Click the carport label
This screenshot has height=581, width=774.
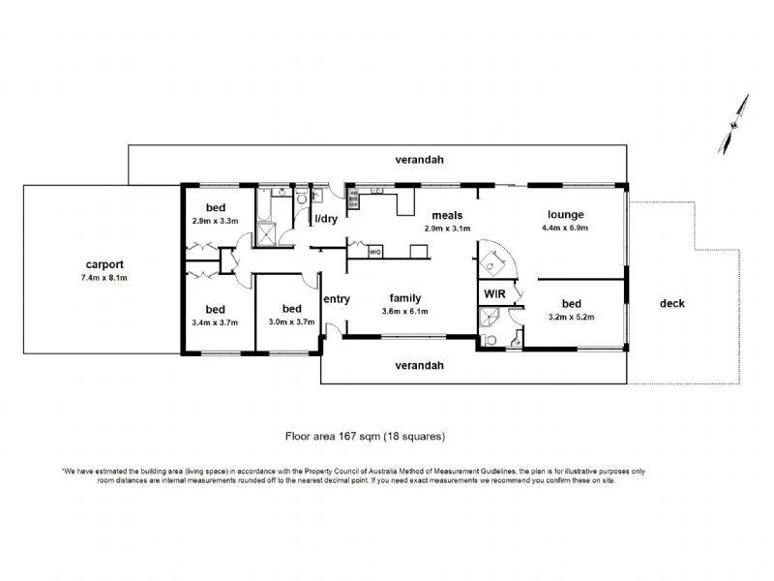click(104, 263)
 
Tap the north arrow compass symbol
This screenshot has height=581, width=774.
click(733, 125)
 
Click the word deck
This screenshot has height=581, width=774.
click(671, 303)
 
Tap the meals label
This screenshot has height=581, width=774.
click(447, 215)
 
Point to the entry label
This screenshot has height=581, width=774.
click(337, 298)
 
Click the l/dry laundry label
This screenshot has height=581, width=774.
click(326, 219)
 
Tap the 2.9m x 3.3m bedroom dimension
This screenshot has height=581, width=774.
click(215, 221)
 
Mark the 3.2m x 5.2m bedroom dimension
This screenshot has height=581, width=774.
click(571, 317)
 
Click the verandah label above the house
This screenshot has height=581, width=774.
click(418, 159)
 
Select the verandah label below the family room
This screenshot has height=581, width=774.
click(418, 365)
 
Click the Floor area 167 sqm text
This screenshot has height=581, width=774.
click(364, 437)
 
